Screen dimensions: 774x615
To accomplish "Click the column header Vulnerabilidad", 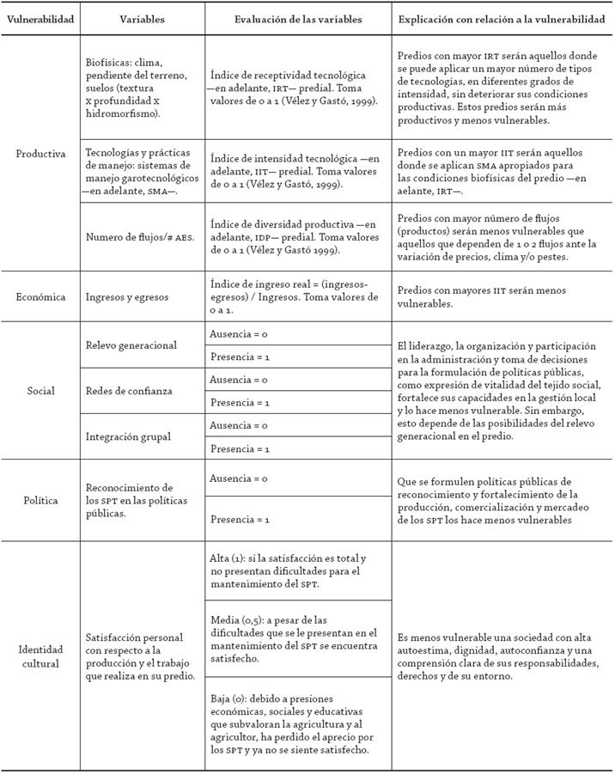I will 40,18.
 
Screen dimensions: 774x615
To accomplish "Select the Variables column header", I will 143,18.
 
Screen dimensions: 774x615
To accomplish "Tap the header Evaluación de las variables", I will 298,18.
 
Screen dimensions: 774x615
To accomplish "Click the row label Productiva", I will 40,154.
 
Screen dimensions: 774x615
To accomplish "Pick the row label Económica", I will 40,297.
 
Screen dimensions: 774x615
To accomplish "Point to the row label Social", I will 40,391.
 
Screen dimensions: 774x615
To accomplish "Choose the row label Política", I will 40,500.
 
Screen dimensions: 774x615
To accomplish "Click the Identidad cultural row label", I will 40,656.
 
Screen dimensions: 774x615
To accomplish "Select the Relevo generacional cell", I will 131,345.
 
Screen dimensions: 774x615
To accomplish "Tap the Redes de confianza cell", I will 129,391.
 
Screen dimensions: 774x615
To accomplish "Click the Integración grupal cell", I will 128,436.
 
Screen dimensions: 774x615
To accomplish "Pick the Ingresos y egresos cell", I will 126,297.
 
